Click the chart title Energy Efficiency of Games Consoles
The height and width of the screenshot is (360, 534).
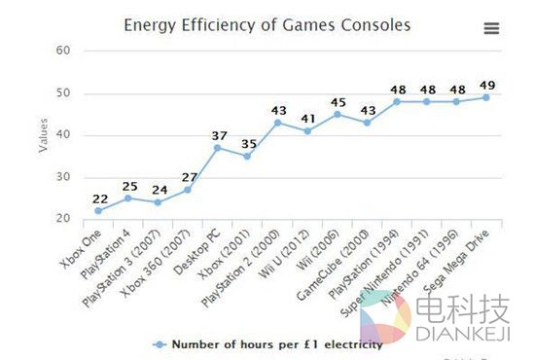267,23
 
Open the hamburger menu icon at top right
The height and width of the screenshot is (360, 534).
491,28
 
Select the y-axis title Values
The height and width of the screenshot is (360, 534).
43,134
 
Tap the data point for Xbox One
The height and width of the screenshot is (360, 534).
98,210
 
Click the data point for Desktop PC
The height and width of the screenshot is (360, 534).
217,147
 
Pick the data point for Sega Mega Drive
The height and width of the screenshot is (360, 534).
485,97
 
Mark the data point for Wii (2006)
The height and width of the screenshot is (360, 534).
337,114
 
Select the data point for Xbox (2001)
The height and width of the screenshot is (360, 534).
247,156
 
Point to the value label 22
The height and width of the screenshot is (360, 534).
98,198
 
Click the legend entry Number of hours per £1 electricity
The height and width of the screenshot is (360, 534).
276,343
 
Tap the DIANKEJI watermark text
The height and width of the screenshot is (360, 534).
462,336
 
